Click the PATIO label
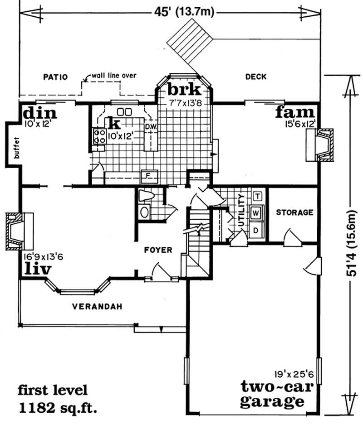point(55,77)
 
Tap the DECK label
point(256,77)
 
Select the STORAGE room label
point(294,212)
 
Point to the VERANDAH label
point(97,306)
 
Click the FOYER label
point(158,250)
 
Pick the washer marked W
point(256,213)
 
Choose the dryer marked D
point(256,231)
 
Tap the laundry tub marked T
point(258,196)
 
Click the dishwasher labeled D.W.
point(151,126)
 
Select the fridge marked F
point(149,175)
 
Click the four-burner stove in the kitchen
point(99,136)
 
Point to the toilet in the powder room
point(146,196)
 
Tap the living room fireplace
point(19,231)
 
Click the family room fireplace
point(320,145)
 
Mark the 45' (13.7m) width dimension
point(184,12)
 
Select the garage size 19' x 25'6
point(294,374)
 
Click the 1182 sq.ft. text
point(58,409)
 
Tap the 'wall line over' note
point(114,75)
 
